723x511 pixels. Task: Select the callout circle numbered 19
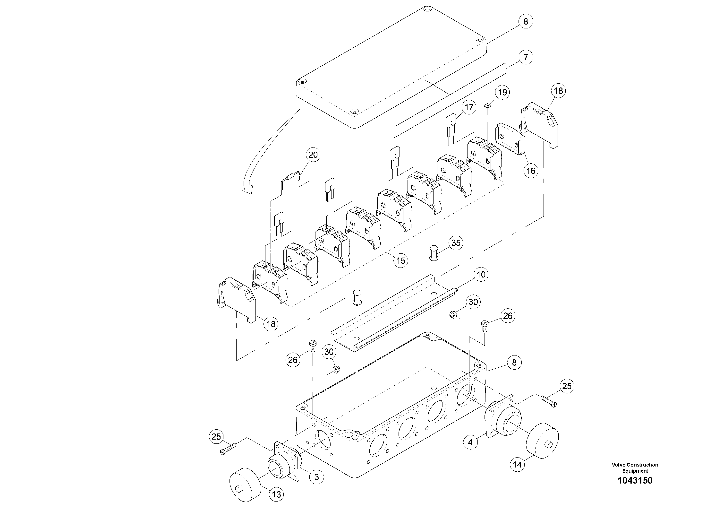click(502, 92)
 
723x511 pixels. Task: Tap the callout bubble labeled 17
click(469, 107)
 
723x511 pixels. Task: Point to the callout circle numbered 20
click(313, 155)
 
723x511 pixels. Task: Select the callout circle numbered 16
click(531, 171)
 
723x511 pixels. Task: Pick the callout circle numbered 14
click(517, 464)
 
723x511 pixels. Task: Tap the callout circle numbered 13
click(276, 495)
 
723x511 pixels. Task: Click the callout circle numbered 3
click(316, 477)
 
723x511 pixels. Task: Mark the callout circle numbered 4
click(470, 442)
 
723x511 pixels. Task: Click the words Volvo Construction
click(635, 465)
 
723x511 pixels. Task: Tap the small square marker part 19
click(487, 106)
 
